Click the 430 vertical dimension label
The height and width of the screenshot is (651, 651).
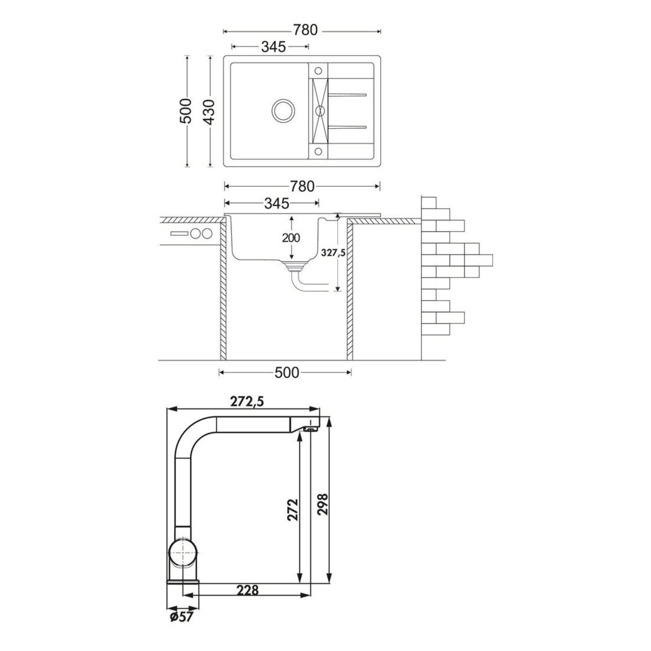point(210,112)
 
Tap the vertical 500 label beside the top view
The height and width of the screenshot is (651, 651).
point(186,111)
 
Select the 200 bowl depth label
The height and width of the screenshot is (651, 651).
point(291,238)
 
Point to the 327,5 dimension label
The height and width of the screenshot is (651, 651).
point(334,253)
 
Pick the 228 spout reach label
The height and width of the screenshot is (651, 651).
point(247,600)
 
